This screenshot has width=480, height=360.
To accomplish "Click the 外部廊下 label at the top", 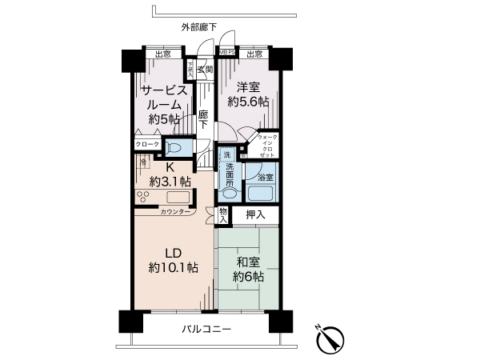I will coord(199,27).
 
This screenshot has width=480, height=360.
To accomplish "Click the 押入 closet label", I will coord(256,214).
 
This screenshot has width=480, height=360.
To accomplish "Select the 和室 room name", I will coord(249,262).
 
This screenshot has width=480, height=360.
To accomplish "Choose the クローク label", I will coord(146,143).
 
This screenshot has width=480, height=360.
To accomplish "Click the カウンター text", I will coord(175,211).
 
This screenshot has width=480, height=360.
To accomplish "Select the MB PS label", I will coord(226,54).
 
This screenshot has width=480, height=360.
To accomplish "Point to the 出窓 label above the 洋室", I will coord(254,54).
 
